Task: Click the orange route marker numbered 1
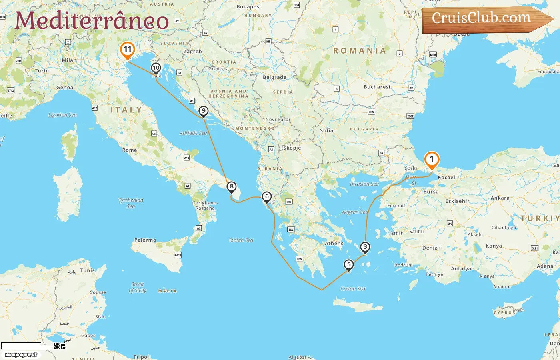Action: click(431, 160)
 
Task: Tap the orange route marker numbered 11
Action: click(127, 50)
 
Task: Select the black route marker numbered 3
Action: click(365, 247)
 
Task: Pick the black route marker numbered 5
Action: click(349, 265)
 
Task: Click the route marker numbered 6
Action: click(267, 197)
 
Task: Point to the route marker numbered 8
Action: click(231, 187)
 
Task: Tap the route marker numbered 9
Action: click(204, 111)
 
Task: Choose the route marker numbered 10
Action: click(156, 68)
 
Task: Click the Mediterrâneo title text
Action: click(92, 20)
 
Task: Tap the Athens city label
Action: click(334, 243)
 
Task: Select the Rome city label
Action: click(130, 150)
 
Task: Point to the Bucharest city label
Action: click(377, 87)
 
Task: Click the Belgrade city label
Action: click(274, 77)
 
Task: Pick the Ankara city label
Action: click(500, 198)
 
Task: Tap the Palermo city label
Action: click(145, 240)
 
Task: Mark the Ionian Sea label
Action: click(241, 240)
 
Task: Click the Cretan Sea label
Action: click(353, 288)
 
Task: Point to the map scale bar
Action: click(26, 346)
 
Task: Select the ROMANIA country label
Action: click(360, 51)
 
